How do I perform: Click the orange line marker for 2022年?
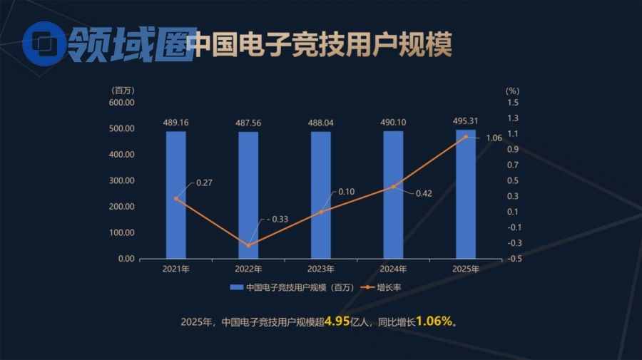(x=249, y=245)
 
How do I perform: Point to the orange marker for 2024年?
(x=393, y=187)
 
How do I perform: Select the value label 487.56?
(x=248, y=123)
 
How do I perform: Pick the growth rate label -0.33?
(x=277, y=219)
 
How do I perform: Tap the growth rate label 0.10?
(x=347, y=191)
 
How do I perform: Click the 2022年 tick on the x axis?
(x=248, y=269)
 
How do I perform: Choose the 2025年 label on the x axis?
(x=466, y=269)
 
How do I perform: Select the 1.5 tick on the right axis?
(x=513, y=103)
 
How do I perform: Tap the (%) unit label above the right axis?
(x=512, y=91)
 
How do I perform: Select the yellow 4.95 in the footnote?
(x=336, y=322)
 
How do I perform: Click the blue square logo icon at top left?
(x=43, y=44)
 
